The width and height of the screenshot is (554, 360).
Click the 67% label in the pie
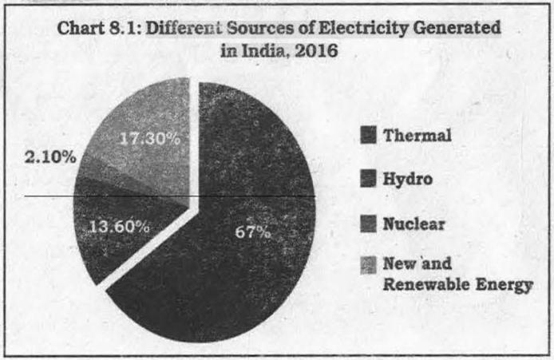coord(253,232)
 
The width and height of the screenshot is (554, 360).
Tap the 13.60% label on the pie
coord(119,227)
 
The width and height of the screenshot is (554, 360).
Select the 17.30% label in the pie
coord(150,138)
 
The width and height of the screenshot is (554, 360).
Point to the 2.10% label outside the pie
coord(50,157)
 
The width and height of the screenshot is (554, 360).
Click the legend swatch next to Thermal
coord(368,135)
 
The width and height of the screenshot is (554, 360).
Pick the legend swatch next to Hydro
coord(368,179)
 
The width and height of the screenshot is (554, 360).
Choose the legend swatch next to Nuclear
coord(368,224)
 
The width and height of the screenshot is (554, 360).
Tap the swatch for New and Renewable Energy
coord(368,265)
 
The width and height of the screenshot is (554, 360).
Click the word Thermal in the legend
coord(417,135)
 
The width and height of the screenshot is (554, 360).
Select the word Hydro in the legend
coord(408,179)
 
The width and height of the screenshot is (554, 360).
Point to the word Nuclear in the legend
coord(414,224)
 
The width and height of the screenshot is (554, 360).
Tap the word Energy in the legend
coord(504,286)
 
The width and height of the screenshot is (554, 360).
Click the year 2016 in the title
coord(316,50)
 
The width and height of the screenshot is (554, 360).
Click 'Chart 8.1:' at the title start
coord(99,28)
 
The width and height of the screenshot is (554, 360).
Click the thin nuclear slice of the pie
coord(106,172)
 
